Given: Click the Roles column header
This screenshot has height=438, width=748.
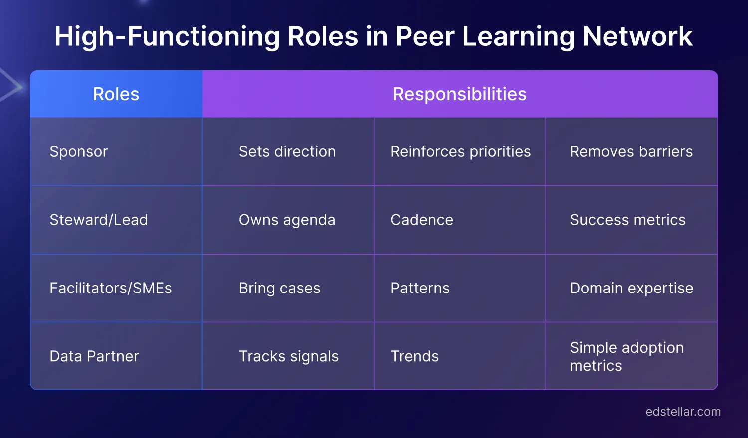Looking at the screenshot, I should [x=116, y=94].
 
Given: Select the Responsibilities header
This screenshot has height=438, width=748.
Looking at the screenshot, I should [x=459, y=94].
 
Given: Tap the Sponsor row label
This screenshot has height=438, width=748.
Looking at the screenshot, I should [x=79, y=151].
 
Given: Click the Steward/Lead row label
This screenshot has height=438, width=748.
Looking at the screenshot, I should [x=99, y=220].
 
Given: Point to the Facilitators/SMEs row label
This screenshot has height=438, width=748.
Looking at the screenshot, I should [x=111, y=288].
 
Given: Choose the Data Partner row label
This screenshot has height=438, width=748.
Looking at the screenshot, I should [x=94, y=356].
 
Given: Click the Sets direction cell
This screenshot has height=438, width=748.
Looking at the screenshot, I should [x=287, y=151].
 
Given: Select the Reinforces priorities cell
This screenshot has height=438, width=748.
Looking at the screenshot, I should [x=460, y=151].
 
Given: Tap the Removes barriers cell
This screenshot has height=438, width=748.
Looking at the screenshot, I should [x=631, y=151].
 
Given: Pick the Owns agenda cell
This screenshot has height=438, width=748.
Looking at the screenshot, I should [x=287, y=220].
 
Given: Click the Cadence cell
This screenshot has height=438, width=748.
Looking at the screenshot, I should [x=422, y=220].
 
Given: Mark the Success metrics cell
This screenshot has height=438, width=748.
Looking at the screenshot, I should [x=628, y=220].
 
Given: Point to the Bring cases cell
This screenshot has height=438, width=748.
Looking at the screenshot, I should [x=279, y=288].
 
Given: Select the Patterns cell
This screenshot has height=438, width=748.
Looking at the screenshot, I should [x=420, y=288].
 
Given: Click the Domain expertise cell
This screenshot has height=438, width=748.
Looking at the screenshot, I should [x=631, y=288].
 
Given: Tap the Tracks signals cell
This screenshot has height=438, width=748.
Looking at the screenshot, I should [x=288, y=356].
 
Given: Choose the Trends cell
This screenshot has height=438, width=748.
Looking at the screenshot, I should [x=414, y=356].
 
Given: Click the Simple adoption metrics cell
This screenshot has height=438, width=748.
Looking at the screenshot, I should [x=626, y=356].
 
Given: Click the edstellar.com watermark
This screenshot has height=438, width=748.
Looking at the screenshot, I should [x=683, y=412].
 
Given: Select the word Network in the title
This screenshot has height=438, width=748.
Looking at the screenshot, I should [x=637, y=36].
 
